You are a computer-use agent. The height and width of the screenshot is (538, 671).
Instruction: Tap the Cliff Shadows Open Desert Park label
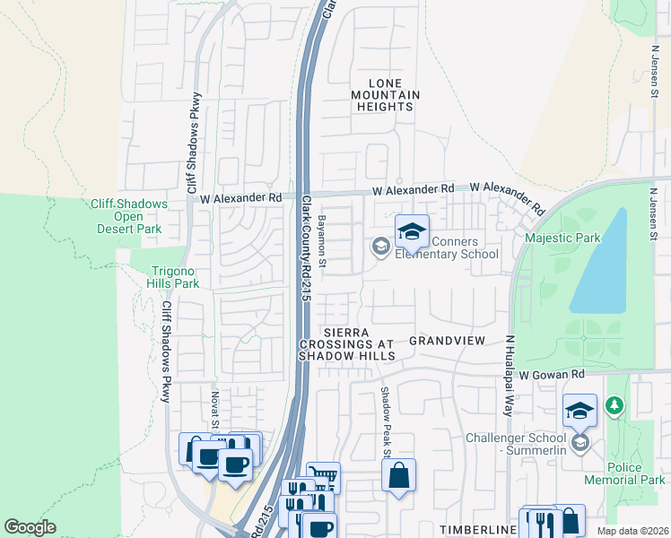[129, 216]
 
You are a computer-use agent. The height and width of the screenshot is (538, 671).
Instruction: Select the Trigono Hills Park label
[161, 277]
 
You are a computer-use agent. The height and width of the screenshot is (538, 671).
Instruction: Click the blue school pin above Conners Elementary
[412, 233]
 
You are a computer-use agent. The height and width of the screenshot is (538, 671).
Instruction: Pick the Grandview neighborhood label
[447, 341]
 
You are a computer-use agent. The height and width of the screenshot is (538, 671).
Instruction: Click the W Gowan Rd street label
[552, 373]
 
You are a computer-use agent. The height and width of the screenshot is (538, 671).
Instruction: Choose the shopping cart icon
[323, 476]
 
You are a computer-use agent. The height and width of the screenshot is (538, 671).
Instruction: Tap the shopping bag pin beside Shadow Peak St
[398, 474]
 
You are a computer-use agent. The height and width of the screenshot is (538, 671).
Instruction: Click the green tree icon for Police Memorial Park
[614, 407]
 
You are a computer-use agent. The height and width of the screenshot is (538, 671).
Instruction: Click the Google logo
[30, 527]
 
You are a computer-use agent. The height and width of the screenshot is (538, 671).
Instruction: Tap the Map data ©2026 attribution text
[633, 531]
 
